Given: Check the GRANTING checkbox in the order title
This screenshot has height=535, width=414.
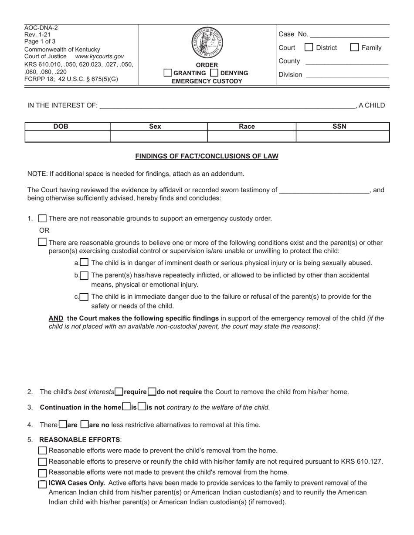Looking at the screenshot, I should (168, 73).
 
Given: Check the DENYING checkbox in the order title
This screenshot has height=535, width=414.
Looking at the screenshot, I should (214, 73).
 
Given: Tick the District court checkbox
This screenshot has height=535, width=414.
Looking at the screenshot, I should (309, 47).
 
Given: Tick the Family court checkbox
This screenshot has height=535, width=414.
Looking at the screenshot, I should (355, 47).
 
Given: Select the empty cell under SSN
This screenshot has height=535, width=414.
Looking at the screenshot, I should (343, 137).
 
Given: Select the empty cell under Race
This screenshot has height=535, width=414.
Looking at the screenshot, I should (251, 137).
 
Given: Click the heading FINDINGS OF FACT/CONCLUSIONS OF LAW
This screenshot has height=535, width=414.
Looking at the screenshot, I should (207, 156).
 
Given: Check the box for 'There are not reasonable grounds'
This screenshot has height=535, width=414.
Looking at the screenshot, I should (43, 218).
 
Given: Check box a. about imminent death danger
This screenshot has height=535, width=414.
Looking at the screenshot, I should (85, 263).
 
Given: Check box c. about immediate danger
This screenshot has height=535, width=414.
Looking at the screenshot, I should (85, 297).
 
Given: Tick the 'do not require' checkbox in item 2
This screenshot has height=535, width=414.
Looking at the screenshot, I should (152, 391).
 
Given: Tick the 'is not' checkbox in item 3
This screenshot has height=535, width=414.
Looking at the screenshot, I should (142, 407).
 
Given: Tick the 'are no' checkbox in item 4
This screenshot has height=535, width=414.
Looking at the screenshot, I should (85, 424).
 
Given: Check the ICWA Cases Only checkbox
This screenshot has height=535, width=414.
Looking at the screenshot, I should (43, 484).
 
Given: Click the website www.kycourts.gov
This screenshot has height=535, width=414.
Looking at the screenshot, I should (99, 57).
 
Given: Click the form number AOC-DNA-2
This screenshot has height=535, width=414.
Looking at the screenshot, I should (41, 28).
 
